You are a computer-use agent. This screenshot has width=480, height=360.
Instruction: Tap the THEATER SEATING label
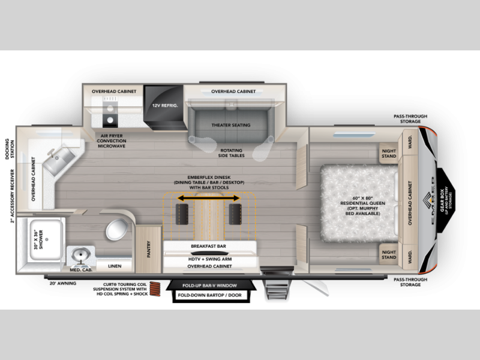tap(231, 125)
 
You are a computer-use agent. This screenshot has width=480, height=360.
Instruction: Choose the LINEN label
tap(114, 265)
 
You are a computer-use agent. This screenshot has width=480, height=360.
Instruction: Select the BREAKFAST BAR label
tap(209, 246)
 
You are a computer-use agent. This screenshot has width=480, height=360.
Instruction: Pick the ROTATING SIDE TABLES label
tap(231, 153)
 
